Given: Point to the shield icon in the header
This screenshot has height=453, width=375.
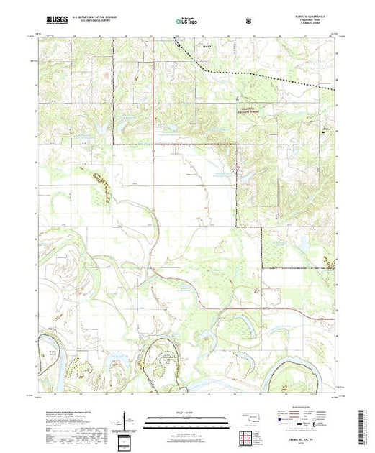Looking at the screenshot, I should (249, 20).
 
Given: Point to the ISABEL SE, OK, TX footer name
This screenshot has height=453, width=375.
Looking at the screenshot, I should (313, 437).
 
